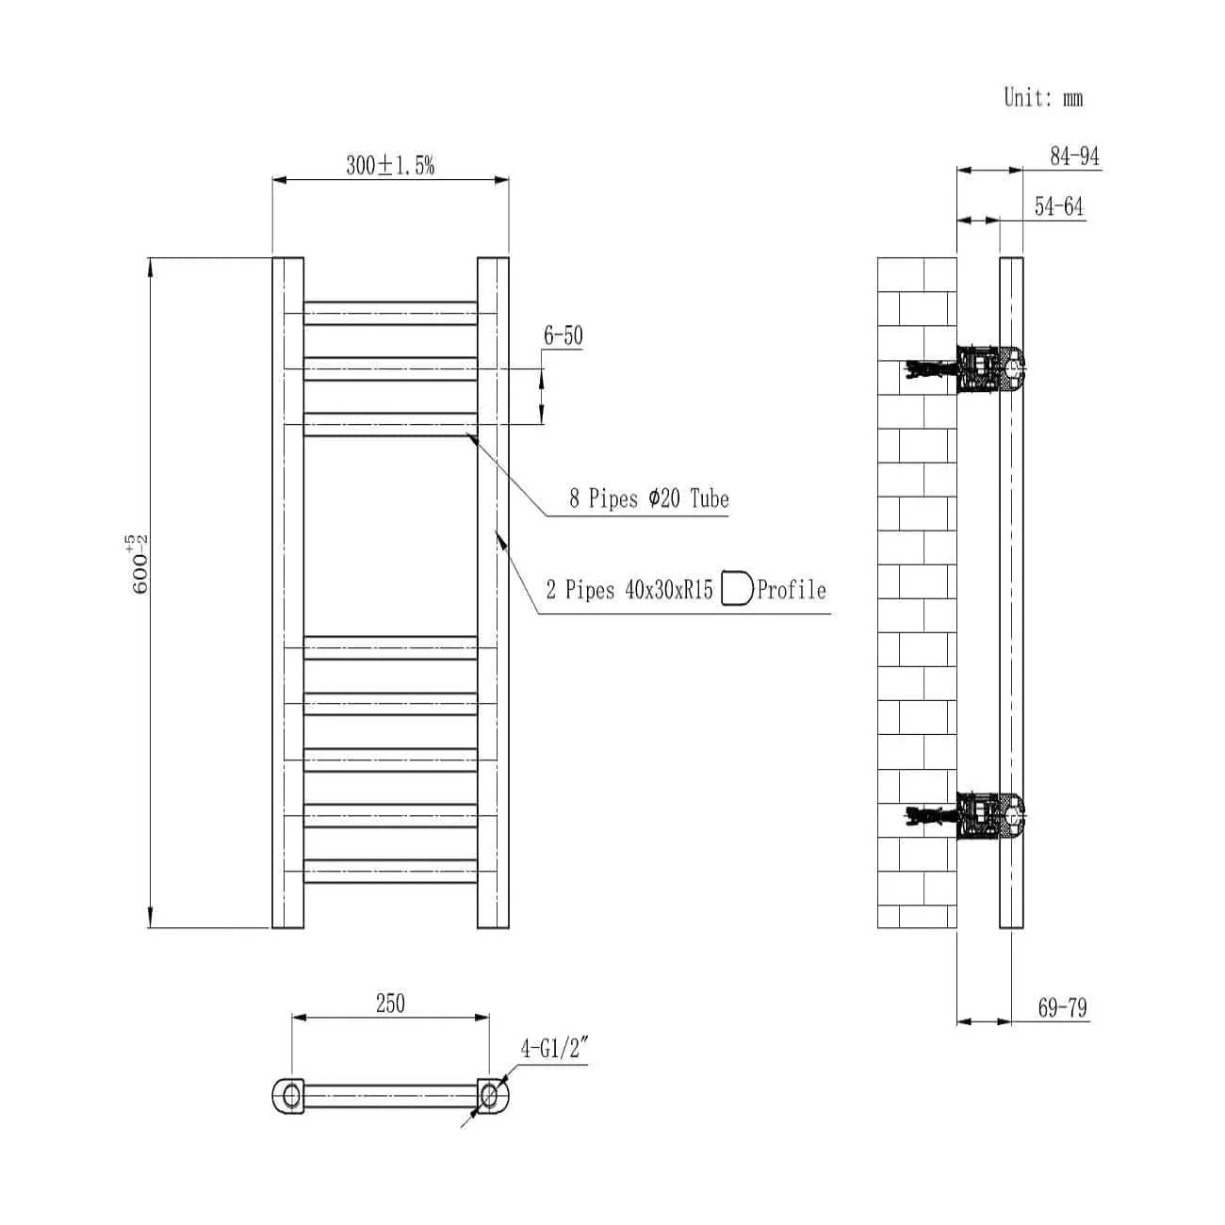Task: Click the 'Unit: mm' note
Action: (x=1043, y=97)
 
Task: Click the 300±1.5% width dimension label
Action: (x=390, y=166)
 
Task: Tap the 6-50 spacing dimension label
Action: (x=563, y=335)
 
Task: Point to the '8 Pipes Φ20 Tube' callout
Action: (x=648, y=498)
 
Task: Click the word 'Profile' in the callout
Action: (x=792, y=591)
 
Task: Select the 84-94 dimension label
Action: (x=1074, y=156)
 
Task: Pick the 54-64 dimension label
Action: (x=1059, y=206)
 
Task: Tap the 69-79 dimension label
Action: (x=1062, y=1007)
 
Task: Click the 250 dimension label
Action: (x=390, y=1004)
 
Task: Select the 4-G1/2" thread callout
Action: (x=554, y=1049)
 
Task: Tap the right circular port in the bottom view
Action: (x=489, y=1095)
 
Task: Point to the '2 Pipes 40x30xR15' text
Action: (x=629, y=591)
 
